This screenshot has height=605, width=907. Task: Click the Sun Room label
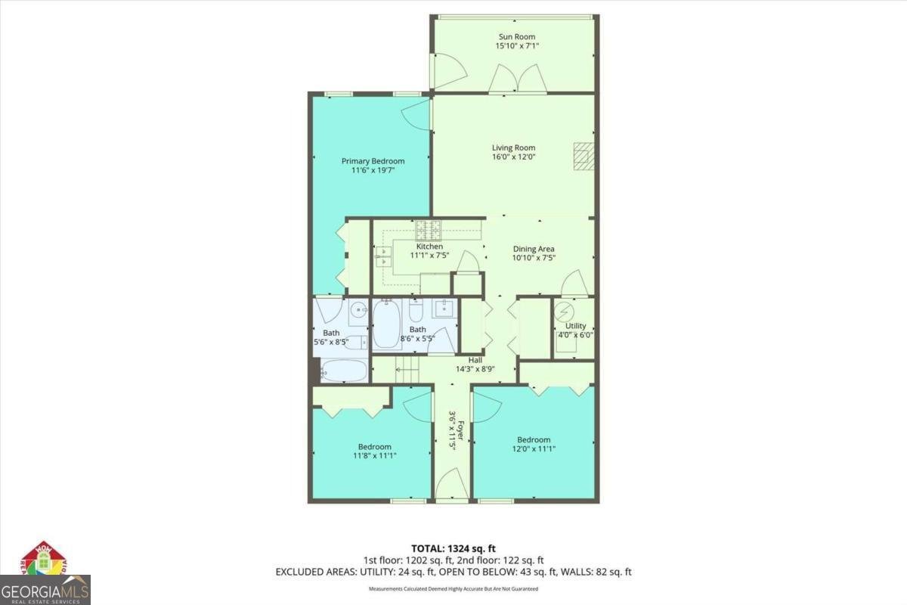(517, 36)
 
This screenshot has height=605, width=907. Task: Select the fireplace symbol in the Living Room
(583, 156)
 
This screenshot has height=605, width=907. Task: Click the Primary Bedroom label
(373, 161)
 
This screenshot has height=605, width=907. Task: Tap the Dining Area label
(534, 249)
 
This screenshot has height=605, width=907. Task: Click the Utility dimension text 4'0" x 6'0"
(575, 335)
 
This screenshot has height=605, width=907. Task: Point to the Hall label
(475, 360)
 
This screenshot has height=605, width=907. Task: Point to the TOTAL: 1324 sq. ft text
(453, 548)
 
